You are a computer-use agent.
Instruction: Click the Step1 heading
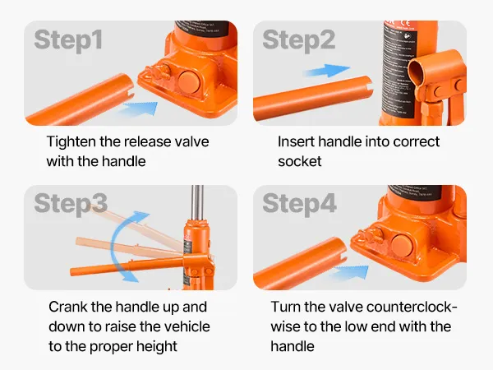point(68,40)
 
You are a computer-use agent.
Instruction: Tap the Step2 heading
point(299,40)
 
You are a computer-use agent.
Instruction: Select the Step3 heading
point(71,204)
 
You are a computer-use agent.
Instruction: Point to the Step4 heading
point(299,204)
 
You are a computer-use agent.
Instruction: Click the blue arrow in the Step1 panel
point(141,108)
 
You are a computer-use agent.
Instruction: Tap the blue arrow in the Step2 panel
point(327,71)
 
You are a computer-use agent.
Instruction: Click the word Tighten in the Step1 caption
point(71,142)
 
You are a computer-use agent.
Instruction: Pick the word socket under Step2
point(300,162)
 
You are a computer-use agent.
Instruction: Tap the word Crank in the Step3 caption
point(67,307)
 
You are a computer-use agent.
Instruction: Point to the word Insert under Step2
point(296,142)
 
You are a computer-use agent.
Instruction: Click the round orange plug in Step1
point(188,81)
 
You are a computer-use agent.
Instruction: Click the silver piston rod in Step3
point(197,203)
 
